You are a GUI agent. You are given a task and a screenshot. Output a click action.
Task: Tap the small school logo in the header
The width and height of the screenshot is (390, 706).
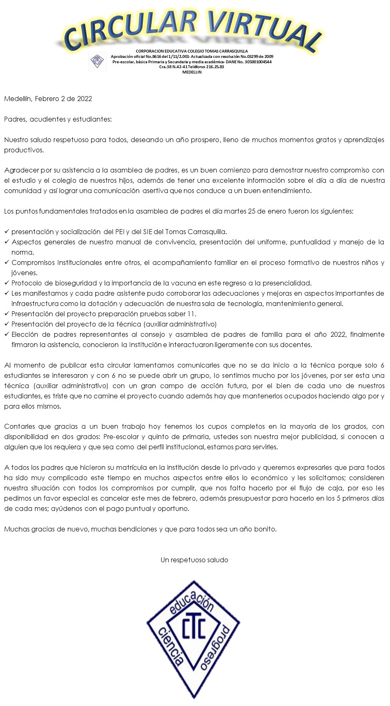coord(97,62)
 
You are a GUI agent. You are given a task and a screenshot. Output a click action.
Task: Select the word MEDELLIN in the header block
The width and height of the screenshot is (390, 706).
coord(192,72)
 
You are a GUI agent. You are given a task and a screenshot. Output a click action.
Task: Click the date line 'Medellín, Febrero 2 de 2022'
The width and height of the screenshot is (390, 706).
coord(48,99)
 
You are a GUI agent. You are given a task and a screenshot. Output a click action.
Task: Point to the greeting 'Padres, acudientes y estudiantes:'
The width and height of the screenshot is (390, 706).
coord(58,119)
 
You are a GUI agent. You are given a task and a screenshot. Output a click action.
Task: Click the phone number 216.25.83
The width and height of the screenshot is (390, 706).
coord(215,67)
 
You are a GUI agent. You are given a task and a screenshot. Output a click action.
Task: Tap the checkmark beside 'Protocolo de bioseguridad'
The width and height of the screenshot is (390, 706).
coord(7,283)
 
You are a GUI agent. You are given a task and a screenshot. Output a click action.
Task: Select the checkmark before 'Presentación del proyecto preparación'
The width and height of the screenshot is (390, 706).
coord(7,314)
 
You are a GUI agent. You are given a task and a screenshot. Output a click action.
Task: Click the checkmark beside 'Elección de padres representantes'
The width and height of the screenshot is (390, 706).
coord(7,334)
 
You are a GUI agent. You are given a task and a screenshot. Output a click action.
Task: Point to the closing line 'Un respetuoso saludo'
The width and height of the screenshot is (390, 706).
coord(194,560)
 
